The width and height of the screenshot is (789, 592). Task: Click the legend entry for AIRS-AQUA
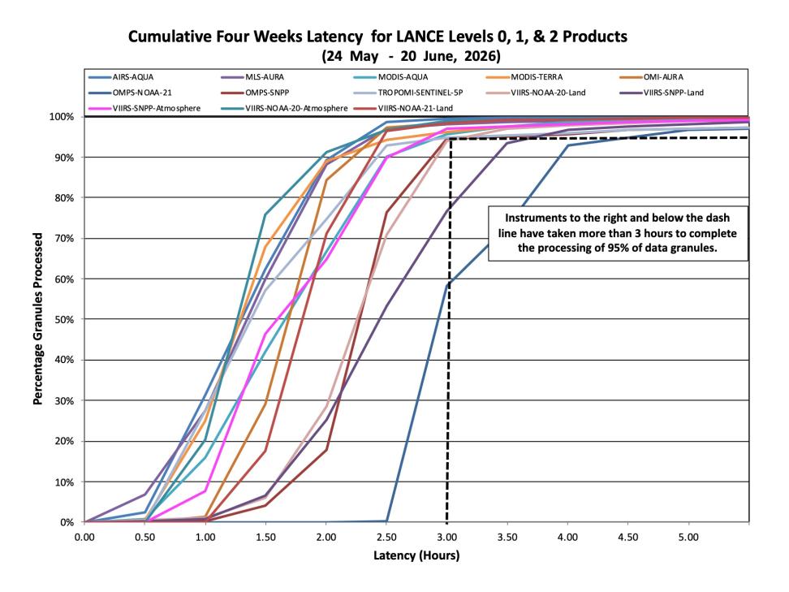click(x=121, y=77)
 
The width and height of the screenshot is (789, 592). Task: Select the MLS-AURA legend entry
click(x=252, y=77)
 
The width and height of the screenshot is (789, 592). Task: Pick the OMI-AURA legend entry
click(x=652, y=77)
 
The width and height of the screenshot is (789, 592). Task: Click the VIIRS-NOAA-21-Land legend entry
click(x=403, y=108)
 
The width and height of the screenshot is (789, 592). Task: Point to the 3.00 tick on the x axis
click(x=446, y=537)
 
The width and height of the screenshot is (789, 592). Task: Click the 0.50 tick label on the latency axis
click(x=145, y=537)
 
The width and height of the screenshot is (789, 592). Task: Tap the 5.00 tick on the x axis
click(x=688, y=537)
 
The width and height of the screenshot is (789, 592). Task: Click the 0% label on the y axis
click(x=67, y=522)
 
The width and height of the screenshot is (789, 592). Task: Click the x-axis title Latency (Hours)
click(x=416, y=555)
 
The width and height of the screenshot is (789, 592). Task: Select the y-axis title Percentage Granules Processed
click(x=37, y=318)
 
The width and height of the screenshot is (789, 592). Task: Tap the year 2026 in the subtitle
click(x=481, y=56)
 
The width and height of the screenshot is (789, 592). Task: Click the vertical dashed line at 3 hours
click(x=447, y=331)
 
